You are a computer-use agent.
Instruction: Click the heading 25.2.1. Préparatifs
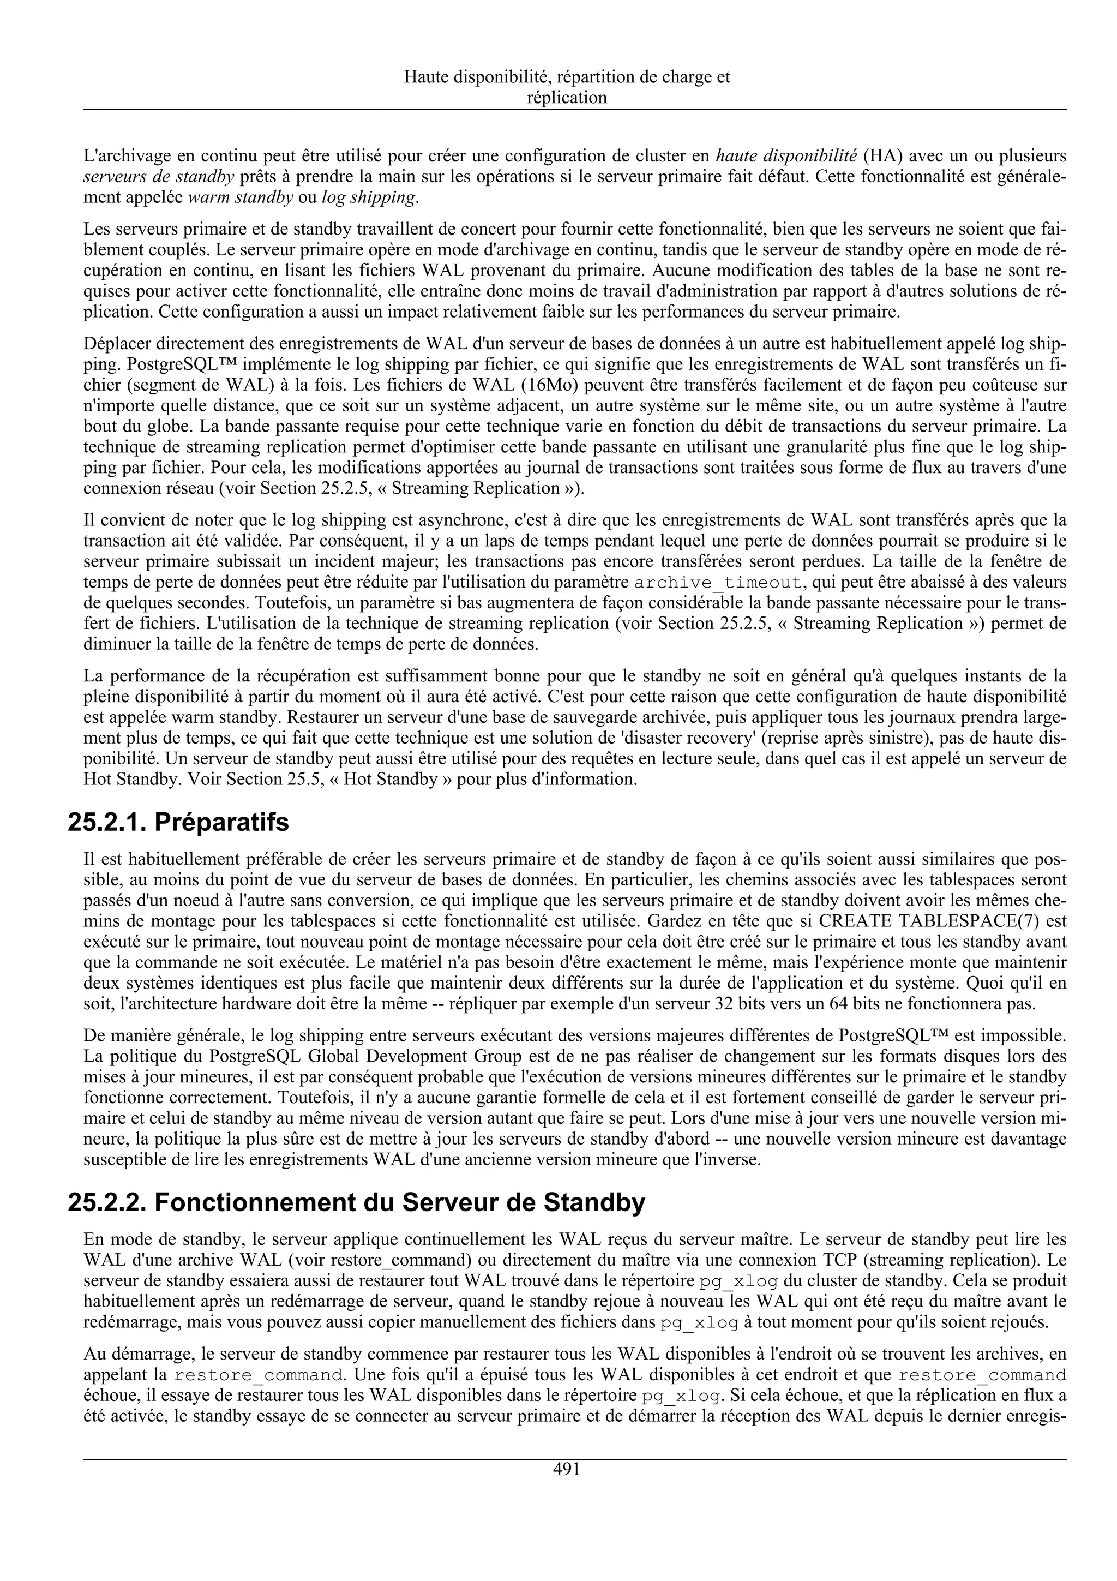pos(178,822)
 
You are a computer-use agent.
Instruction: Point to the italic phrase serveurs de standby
pos(159,176)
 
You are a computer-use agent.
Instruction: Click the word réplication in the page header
pos(567,98)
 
